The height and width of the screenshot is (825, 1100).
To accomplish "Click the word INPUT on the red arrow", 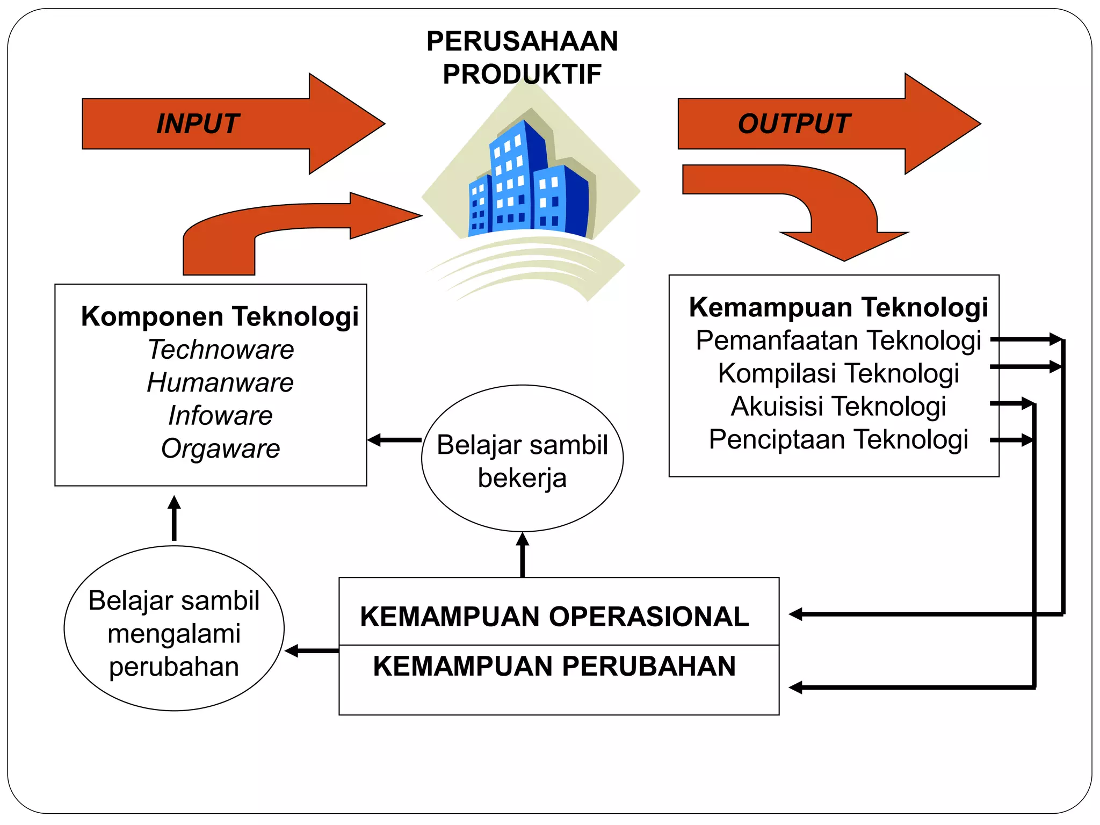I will (x=197, y=124).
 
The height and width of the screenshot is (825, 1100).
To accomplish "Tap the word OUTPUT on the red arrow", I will (x=794, y=124).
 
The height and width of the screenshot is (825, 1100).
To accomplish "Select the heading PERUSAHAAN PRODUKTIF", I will (x=522, y=57).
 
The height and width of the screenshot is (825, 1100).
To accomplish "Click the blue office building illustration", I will (x=529, y=183).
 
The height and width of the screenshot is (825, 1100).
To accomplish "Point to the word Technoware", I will (x=221, y=350).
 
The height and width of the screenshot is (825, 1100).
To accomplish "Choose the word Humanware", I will (x=220, y=382).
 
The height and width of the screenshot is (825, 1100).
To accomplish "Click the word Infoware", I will (x=220, y=415).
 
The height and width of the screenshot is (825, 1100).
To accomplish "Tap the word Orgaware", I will (x=220, y=448).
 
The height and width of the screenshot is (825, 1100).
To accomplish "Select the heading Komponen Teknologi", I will (x=220, y=316).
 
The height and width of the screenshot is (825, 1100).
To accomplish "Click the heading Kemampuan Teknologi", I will (x=838, y=307).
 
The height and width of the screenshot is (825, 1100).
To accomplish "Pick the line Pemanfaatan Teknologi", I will (x=838, y=341).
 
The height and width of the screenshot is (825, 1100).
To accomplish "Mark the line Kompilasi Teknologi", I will (x=838, y=373).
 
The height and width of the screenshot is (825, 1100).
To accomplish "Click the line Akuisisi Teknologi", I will (x=838, y=406).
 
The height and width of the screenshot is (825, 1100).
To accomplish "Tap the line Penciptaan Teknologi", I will (x=838, y=439).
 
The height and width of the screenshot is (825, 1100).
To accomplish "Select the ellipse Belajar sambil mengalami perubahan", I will (x=174, y=628).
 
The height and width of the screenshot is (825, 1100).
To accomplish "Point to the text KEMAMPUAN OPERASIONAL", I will (x=554, y=616).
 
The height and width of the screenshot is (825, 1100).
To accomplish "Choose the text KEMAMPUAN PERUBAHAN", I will (x=554, y=666).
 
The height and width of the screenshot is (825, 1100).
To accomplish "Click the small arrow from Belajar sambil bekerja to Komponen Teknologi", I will (x=395, y=440).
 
